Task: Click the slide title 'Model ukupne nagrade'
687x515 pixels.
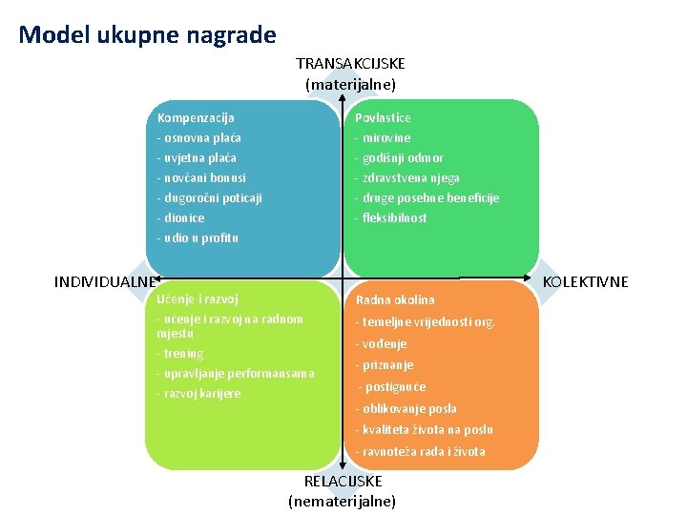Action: (x=147, y=36)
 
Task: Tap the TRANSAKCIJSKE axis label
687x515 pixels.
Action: (x=350, y=64)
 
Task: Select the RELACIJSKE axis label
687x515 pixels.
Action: (x=343, y=482)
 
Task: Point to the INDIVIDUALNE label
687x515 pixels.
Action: (x=106, y=282)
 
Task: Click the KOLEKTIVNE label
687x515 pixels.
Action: (x=585, y=282)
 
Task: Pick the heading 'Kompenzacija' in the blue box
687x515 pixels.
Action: (x=196, y=118)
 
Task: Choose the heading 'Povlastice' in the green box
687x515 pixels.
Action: (x=383, y=118)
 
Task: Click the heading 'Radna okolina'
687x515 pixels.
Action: (x=394, y=300)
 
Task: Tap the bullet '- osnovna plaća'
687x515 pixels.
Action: (x=198, y=138)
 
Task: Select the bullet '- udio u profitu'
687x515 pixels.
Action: (x=198, y=237)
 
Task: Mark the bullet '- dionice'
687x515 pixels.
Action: (x=180, y=217)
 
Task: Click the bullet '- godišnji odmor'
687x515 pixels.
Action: (x=399, y=158)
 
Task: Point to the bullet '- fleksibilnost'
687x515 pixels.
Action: (x=391, y=217)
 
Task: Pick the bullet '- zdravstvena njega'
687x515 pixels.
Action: (x=407, y=178)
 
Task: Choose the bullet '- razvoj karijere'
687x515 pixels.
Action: (x=198, y=394)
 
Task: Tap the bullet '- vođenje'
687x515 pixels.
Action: (x=381, y=343)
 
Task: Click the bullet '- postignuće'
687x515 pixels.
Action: (x=391, y=387)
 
